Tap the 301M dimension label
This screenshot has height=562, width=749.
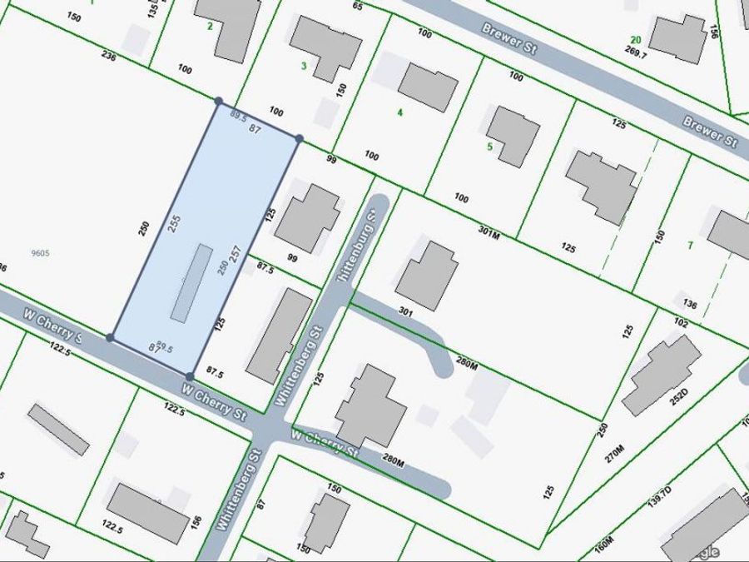[x=490, y=231]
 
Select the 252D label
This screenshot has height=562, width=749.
[x=658, y=393]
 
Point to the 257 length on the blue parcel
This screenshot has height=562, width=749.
[x=235, y=255]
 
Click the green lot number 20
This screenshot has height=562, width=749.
[x=636, y=39]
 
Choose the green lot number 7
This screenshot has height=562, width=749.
[x=690, y=245]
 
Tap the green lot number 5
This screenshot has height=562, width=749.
[x=490, y=147]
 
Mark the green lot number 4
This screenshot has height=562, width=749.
[x=400, y=112]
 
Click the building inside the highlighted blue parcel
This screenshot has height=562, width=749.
[x=191, y=281]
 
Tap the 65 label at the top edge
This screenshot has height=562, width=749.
[x=358, y=6]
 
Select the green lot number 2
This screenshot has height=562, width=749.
[x=210, y=26]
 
